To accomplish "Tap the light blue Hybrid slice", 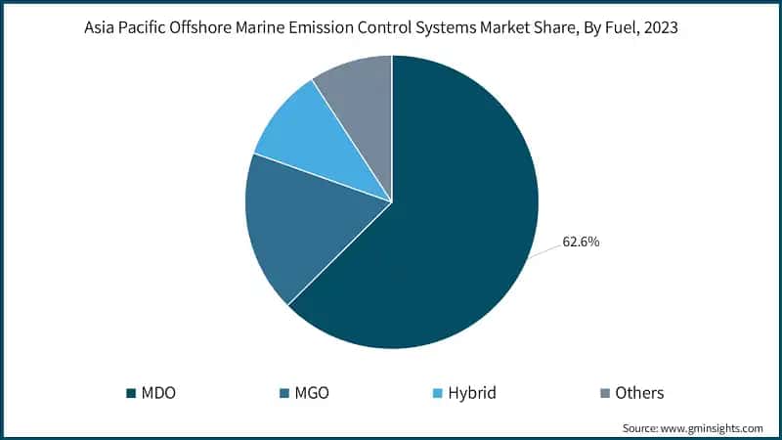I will pos(313,137).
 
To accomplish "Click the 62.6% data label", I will pos(581,242).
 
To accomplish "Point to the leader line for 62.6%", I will pos(545,251).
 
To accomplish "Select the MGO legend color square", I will pos(282,393).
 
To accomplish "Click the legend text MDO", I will pos(159,393).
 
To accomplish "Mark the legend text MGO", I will pos(312,393).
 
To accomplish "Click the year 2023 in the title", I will pos(660,27).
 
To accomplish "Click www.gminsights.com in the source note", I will pos(714,427).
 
